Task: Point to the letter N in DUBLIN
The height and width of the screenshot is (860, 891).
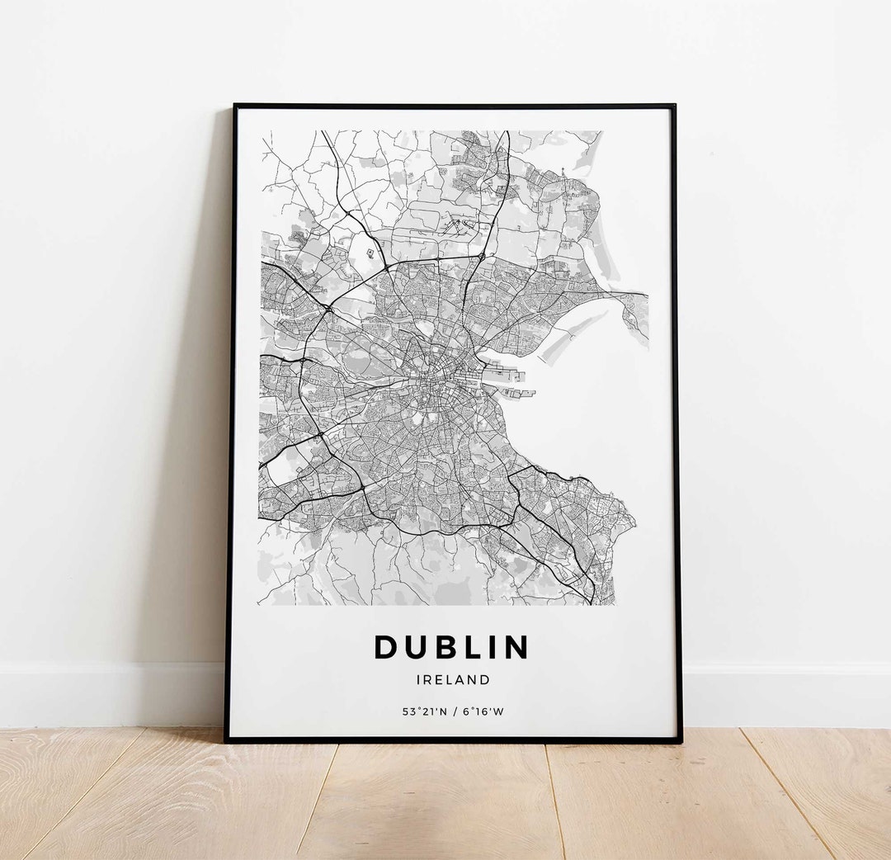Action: coord(516,648)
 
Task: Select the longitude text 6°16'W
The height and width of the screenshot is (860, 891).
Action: coord(483,711)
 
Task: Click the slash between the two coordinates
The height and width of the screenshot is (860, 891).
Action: coord(453,711)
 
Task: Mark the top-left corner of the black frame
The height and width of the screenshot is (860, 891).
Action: coord(235,106)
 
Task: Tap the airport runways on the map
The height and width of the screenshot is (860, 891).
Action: coord(458,223)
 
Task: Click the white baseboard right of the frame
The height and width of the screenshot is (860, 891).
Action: coord(784,693)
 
